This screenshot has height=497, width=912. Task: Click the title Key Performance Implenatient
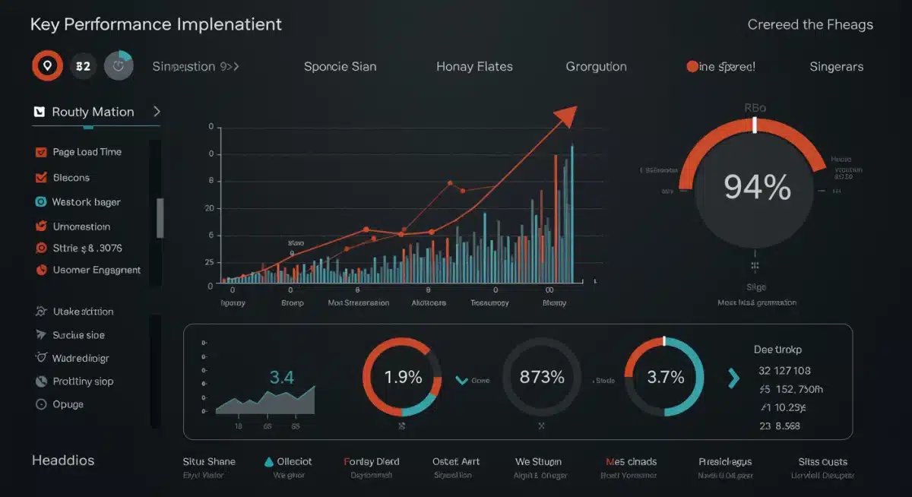pyautogui.click(x=156, y=24)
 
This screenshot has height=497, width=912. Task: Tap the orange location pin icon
pyautogui.click(x=47, y=66)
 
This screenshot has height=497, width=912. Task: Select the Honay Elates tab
pyautogui.click(x=474, y=67)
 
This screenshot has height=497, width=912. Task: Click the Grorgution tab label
pyautogui.click(x=596, y=67)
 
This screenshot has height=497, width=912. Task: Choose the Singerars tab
pyautogui.click(x=836, y=67)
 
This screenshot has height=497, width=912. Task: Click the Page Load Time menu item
pyautogui.click(x=87, y=152)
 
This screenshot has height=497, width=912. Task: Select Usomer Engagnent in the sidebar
pyautogui.click(x=97, y=270)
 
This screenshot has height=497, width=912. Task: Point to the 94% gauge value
pyautogui.click(x=757, y=187)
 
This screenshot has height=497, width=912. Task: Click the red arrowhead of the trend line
pyautogui.click(x=565, y=116)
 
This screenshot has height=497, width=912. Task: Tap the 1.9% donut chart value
pyautogui.click(x=402, y=377)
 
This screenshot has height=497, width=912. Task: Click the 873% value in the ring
pyautogui.click(x=542, y=377)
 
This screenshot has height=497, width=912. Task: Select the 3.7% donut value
pyautogui.click(x=664, y=377)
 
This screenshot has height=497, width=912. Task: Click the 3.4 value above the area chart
pyautogui.click(x=282, y=377)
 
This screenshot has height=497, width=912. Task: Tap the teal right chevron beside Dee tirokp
pyautogui.click(x=733, y=378)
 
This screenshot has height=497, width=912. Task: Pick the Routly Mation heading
pyautogui.click(x=93, y=112)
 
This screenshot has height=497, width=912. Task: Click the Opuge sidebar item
pyautogui.click(x=68, y=404)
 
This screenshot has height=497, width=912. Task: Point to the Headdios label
pyautogui.click(x=63, y=461)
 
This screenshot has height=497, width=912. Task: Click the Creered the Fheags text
pyautogui.click(x=810, y=24)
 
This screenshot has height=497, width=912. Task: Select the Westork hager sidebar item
pyautogui.click(x=86, y=202)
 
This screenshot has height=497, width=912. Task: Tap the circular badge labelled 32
pyautogui.click(x=83, y=66)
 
